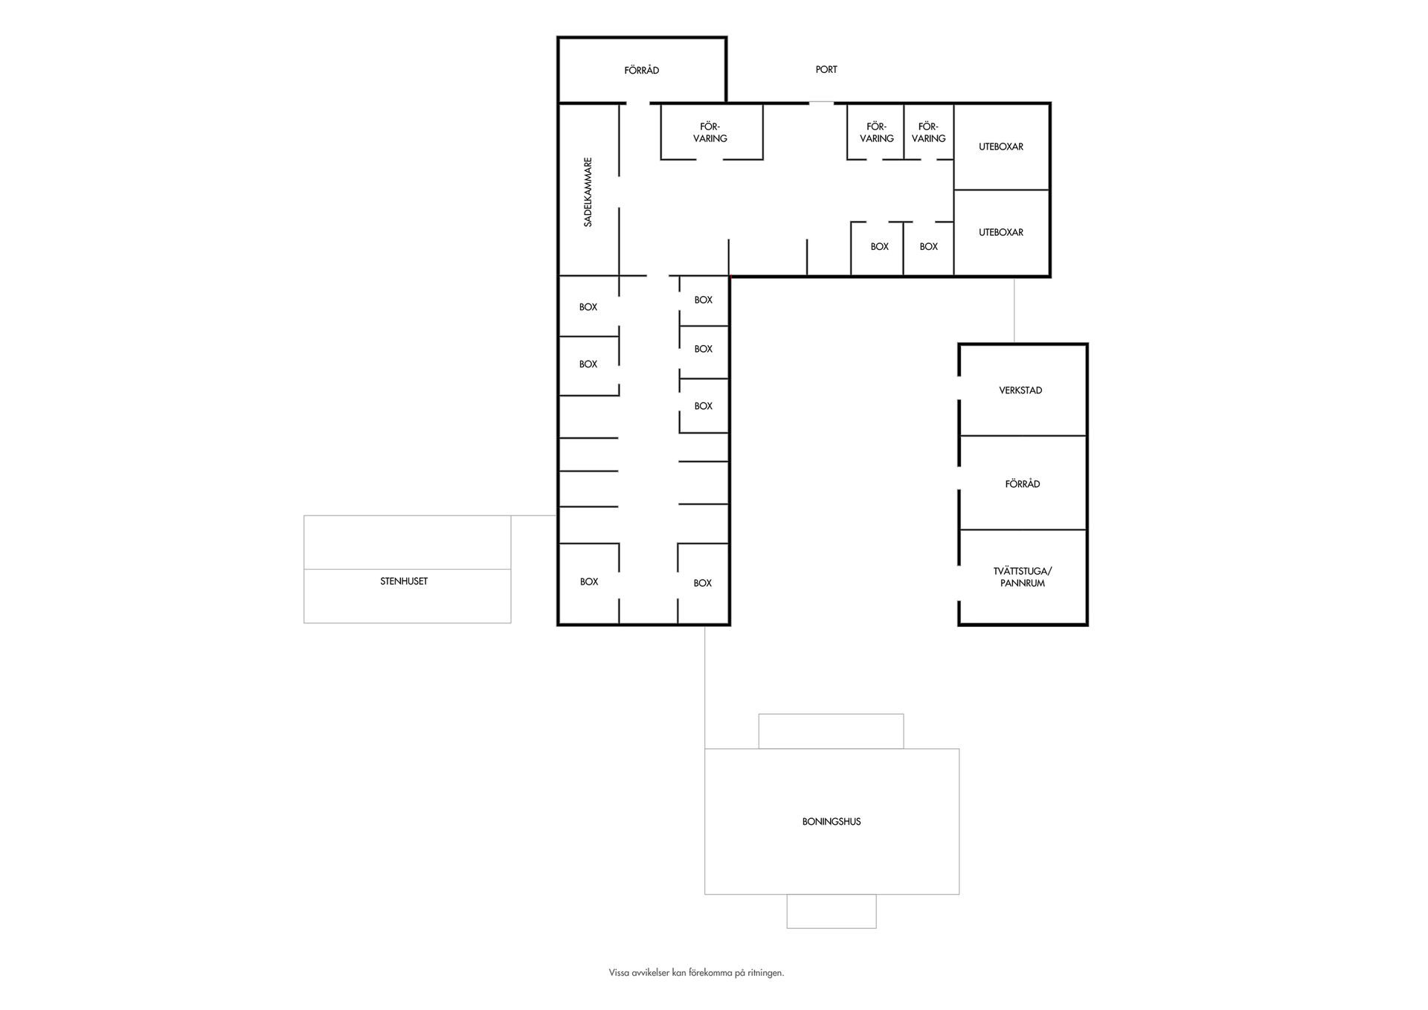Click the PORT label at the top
pyautogui.click(x=826, y=70)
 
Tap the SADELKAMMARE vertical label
pyautogui.click(x=588, y=192)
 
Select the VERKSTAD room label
pyautogui.click(x=1020, y=390)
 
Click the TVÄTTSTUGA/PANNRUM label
pyautogui.click(x=1022, y=577)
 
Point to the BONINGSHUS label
pyautogui.click(x=832, y=822)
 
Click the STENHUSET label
pyautogui.click(x=404, y=582)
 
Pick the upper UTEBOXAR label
pyautogui.click(x=1000, y=147)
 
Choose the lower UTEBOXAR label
pyautogui.click(x=1000, y=233)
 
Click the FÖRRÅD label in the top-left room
pyautogui.click(x=641, y=71)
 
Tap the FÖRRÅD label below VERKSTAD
pyautogui.click(x=1022, y=484)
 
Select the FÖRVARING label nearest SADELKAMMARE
pyautogui.click(x=710, y=132)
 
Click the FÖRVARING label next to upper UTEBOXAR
pyautogui.click(x=928, y=132)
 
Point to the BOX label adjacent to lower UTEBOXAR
pyautogui.click(x=928, y=247)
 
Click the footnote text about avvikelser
pyautogui.click(x=696, y=973)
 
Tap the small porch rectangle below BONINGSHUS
pyautogui.click(x=832, y=911)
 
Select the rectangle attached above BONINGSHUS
pyautogui.click(x=831, y=731)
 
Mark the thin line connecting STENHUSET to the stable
pyautogui.click(x=534, y=515)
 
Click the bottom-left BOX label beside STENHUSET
pyautogui.click(x=589, y=582)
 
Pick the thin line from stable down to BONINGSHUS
pyautogui.click(x=704, y=684)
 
